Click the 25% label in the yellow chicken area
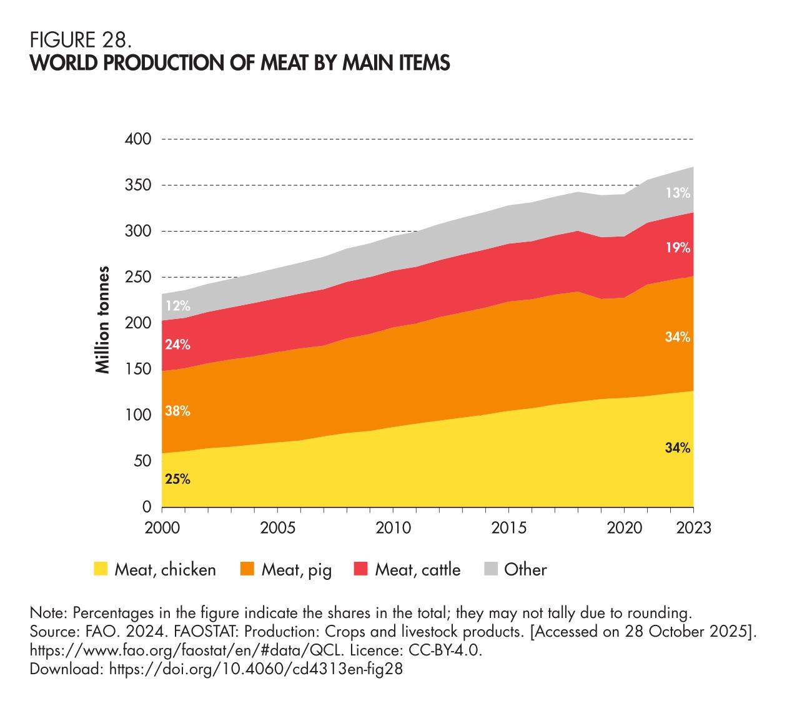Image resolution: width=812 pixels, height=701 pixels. (178, 480)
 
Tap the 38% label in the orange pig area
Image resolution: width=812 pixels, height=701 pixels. (178, 411)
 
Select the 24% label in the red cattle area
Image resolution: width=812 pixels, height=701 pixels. (178, 345)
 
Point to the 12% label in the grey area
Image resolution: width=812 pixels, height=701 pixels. (178, 306)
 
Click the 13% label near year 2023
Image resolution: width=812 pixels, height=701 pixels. (677, 193)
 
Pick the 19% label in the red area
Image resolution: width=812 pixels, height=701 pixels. (677, 248)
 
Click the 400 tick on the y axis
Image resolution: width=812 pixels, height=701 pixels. (138, 139)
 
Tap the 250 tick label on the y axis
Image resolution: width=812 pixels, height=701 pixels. (138, 277)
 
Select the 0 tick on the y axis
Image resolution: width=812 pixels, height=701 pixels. (147, 507)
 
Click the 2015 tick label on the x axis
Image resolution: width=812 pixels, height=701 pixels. (509, 528)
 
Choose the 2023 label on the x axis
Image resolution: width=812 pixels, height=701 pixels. (693, 528)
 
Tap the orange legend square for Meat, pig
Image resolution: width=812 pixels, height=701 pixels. (247, 569)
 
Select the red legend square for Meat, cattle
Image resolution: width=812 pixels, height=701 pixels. (361, 569)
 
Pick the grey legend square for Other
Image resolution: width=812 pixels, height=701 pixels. (491, 569)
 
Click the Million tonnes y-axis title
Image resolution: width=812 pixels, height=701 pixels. (103, 320)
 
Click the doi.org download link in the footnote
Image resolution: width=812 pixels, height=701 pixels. (255, 669)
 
